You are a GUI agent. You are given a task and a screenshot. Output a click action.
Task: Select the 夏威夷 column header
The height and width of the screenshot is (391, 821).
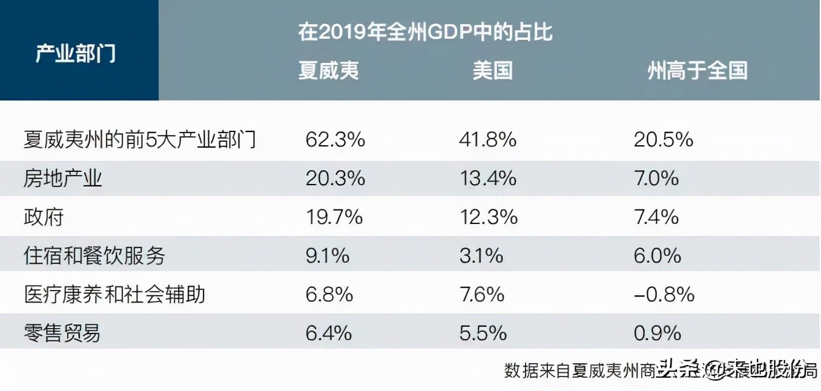pos(329,70)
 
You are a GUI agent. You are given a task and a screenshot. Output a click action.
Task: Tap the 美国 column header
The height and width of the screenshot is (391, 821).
pos(492,70)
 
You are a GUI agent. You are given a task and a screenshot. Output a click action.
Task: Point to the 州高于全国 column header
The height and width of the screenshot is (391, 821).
pos(697,70)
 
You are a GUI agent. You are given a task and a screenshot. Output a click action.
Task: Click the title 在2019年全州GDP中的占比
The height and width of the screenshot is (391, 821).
pos(425,32)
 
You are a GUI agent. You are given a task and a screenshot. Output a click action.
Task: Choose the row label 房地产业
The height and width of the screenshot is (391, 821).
pos(63,179)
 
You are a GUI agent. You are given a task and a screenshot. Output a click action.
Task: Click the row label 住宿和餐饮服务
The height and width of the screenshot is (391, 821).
pos(94,255)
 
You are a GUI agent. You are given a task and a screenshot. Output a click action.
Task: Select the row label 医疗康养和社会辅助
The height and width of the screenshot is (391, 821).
pos(114,294)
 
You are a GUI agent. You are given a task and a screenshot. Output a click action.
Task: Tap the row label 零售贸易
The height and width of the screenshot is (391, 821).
pos(62,333)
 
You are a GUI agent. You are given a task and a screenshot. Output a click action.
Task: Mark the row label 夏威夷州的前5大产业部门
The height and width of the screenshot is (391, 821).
pos(140,140)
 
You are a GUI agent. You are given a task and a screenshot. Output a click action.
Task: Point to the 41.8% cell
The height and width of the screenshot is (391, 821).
pos(487,140)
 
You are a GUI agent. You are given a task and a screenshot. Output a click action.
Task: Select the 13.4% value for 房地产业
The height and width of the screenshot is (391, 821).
pos(487,179)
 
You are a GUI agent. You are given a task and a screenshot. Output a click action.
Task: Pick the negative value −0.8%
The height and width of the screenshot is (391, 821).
pos(664,294)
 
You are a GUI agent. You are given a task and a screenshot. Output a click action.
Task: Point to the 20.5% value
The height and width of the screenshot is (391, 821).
pos(663,140)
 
